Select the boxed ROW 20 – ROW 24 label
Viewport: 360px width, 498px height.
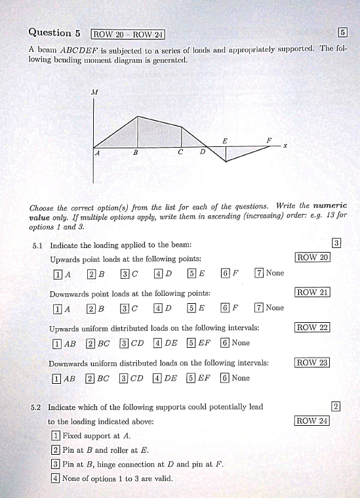[128, 34]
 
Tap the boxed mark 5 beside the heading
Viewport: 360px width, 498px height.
[342, 33]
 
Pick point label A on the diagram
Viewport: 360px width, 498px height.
[96, 153]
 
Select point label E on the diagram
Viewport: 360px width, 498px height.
[225, 140]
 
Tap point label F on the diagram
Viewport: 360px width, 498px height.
[269, 140]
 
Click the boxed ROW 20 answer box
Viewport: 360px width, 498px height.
[312, 257]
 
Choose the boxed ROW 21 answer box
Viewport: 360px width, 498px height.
[312, 292]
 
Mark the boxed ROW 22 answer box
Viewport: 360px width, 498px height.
[312, 327]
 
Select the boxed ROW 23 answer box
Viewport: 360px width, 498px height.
[312, 362]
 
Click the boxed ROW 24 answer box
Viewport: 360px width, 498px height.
[312, 421]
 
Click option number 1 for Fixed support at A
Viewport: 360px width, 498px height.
[56, 436]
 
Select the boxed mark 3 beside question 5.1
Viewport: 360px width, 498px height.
[336, 243]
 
